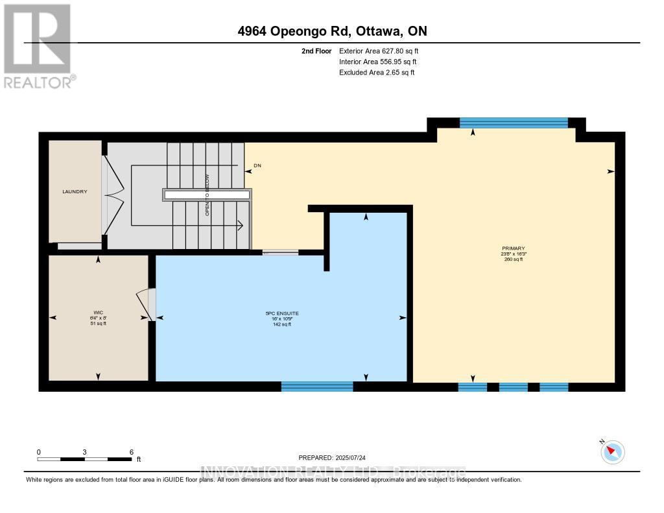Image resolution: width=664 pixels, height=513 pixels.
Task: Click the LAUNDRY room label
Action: (x=75, y=191)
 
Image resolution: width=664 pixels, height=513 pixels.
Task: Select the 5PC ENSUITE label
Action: (x=281, y=313)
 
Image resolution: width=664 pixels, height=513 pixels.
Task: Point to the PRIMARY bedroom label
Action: (x=513, y=248)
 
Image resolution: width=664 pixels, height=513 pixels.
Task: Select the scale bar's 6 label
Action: (x=131, y=452)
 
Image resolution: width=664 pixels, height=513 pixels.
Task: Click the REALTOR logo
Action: (x=39, y=45)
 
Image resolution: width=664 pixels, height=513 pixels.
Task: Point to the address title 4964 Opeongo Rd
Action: (x=331, y=31)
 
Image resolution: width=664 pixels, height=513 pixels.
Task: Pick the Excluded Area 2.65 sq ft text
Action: (x=377, y=73)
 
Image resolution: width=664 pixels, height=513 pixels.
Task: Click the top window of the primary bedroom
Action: (x=514, y=123)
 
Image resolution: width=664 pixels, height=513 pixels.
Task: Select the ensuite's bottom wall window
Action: (x=317, y=387)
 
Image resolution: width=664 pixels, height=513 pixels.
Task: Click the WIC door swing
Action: (x=144, y=305)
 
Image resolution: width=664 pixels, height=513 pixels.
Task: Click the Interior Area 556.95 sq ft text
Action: (x=378, y=62)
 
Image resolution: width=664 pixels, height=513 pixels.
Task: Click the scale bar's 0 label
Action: (x=39, y=452)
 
